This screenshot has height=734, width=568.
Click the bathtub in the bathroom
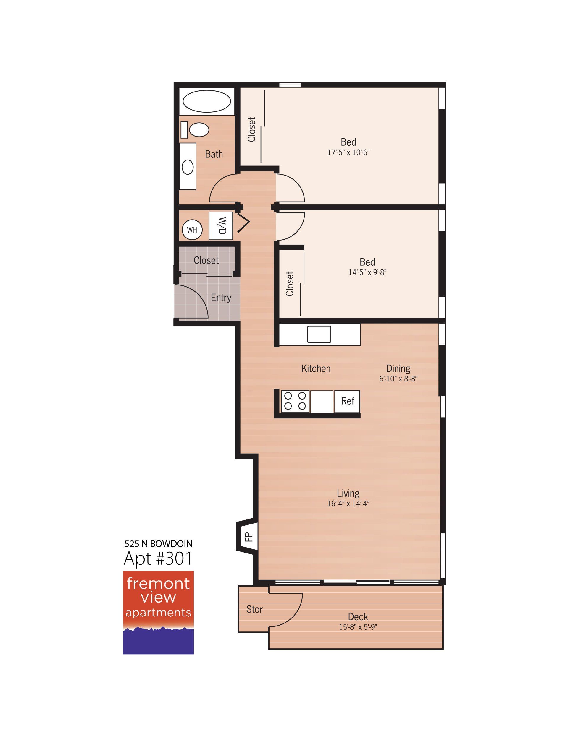206,101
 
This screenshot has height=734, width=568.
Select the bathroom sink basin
188,167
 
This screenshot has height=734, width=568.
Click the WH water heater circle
192,230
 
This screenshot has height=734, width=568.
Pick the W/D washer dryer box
221,226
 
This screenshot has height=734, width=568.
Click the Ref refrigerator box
348,401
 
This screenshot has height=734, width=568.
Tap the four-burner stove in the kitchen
295,401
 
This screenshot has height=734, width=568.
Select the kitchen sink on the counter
319,334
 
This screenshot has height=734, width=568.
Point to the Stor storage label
254,619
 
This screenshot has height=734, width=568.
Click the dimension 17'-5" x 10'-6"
348,152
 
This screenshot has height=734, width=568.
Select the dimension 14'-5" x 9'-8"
367,272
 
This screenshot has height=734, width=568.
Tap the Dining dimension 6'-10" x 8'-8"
398,379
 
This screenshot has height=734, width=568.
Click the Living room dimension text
348,504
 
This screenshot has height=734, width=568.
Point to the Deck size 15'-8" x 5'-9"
358,627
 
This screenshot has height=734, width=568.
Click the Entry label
221,298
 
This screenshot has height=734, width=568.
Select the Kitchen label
316,369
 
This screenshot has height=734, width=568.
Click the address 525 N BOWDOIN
158,544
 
